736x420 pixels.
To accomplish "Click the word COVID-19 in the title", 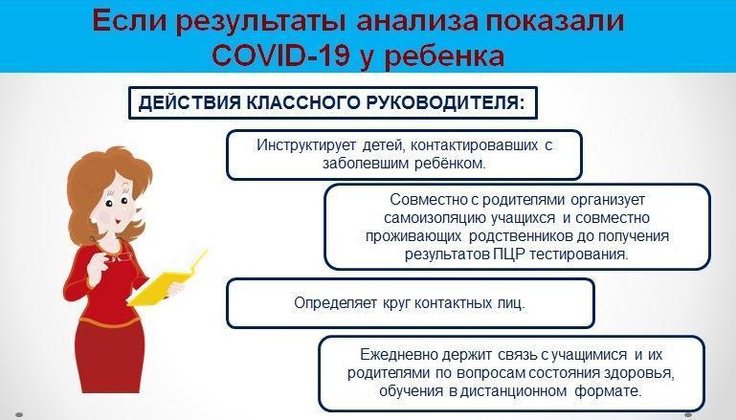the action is (281, 55).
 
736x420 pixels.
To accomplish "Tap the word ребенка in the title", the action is (444, 56).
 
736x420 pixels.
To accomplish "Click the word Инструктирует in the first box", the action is (306, 145).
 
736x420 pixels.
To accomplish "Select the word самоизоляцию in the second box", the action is (435, 218).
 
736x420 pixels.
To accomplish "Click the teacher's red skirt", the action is (111, 356).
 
